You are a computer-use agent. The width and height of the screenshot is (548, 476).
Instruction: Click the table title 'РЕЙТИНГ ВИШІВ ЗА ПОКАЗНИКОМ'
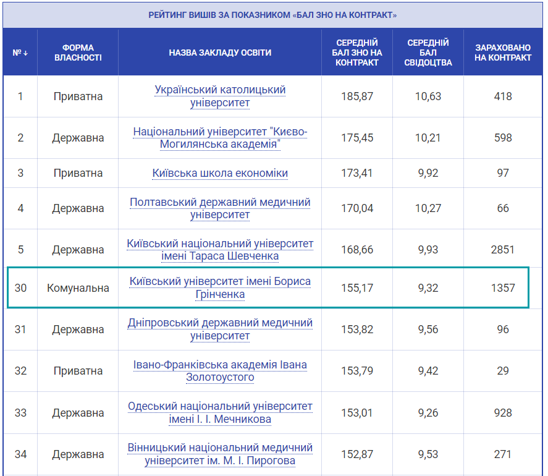272,15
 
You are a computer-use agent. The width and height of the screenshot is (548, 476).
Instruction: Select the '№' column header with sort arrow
20,53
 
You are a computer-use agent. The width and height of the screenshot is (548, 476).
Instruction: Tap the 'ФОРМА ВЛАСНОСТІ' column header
78,53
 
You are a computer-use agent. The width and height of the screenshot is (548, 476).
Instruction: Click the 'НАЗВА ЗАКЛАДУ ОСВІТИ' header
220,53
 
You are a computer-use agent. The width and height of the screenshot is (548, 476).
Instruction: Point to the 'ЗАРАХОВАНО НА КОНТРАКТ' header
503,53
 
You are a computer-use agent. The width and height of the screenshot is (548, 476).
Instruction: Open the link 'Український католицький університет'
220,96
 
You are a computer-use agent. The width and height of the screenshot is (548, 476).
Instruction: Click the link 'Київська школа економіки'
220,173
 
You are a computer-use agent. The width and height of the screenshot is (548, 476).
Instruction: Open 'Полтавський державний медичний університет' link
220,208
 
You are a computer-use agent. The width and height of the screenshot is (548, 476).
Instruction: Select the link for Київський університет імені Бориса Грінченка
220,287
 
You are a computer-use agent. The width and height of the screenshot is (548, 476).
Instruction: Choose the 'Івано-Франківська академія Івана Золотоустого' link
220,371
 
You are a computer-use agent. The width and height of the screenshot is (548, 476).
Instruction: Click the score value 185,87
357,96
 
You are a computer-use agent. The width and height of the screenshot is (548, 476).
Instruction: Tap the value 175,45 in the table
357,138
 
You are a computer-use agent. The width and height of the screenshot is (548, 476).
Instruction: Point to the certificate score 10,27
428,208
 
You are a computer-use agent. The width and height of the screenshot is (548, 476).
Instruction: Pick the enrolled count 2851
503,250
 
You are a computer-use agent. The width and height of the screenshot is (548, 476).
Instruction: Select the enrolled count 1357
503,288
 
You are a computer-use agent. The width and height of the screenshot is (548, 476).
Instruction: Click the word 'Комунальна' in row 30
78,288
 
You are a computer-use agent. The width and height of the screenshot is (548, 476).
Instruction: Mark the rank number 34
20,454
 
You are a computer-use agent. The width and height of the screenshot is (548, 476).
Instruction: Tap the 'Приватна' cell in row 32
78,371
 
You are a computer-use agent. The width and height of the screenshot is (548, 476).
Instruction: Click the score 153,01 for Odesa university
357,412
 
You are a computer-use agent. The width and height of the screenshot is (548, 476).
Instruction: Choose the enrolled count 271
503,454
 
